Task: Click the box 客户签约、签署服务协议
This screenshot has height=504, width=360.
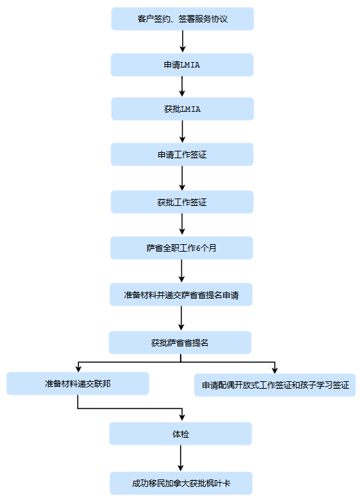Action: (x=183, y=19)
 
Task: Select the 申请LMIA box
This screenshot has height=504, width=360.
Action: (x=182, y=65)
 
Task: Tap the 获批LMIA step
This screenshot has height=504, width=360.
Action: (x=183, y=109)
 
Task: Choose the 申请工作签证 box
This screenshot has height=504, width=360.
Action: (x=182, y=155)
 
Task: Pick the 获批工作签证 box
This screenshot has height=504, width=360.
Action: (x=182, y=202)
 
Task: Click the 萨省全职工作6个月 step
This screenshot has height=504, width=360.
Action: (x=181, y=248)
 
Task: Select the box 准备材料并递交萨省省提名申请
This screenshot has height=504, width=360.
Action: (x=181, y=295)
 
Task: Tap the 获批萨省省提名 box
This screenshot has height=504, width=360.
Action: (x=180, y=342)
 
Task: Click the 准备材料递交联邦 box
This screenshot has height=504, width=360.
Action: (x=78, y=383)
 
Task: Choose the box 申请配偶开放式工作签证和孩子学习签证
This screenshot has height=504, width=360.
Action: (x=275, y=385)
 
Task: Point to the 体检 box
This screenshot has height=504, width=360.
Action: (x=180, y=434)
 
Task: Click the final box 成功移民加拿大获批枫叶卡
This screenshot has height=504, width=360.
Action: (x=181, y=483)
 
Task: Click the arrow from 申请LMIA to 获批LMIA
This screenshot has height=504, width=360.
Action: (x=182, y=87)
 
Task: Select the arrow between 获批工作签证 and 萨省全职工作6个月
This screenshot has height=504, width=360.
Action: (x=182, y=224)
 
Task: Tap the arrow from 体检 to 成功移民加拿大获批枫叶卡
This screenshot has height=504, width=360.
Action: (x=181, y=458)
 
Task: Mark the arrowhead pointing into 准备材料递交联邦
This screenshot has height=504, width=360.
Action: (x=78, y=369)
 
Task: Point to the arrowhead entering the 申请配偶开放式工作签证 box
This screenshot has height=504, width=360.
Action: (x=275, y=370)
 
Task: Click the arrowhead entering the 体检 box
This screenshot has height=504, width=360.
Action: (x=182, y=417)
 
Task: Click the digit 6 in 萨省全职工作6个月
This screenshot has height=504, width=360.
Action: (x=198, y=248)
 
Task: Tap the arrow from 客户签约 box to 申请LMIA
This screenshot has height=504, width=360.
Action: (x=183, y=42)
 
